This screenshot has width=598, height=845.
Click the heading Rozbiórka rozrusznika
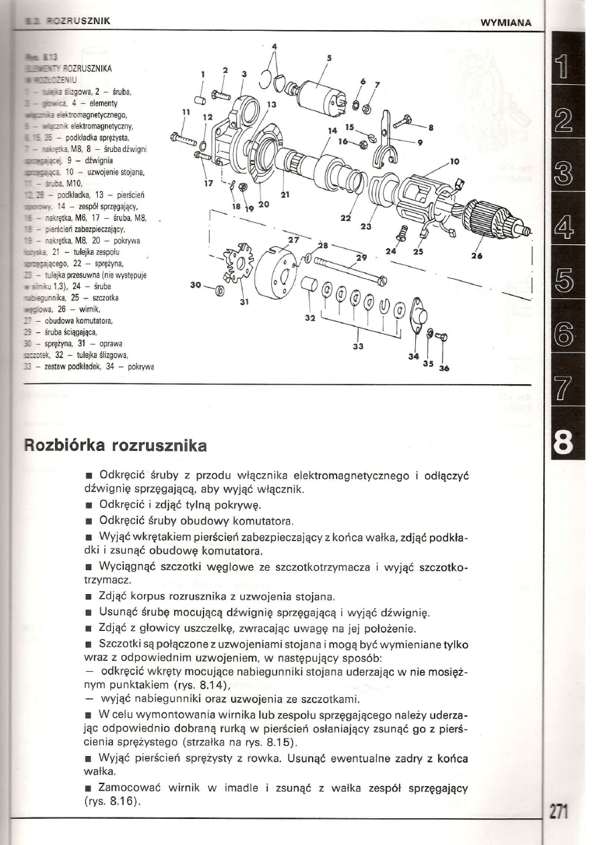point(116,444)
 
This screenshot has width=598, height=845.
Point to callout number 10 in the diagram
point(455,161)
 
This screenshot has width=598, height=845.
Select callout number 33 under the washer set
point(359,346)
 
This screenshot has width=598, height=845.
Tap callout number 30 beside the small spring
point(197,285)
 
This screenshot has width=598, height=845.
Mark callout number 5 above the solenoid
point(328,58)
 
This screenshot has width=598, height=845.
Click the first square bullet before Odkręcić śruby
point(87,476)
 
